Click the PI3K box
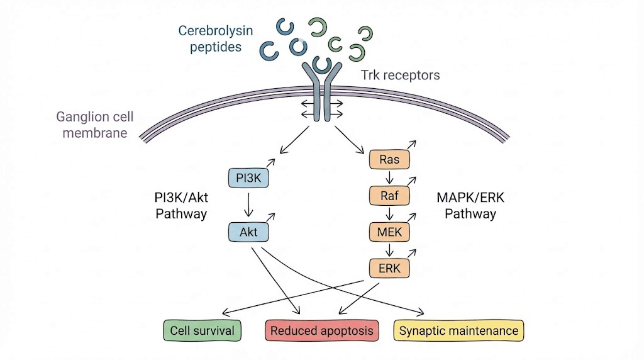coord(248,179)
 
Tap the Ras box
coord(389,160)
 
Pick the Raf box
coord(389,196)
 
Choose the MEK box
coord(389,232)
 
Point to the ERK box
coord(389,269)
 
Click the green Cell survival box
coord(203,330)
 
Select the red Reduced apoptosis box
coord(321,330)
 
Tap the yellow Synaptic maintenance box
coord(458,330)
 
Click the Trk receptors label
coord(401,76)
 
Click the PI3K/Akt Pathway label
coord(181,206)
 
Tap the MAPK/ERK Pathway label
coord(470,206)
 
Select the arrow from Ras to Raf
coord(389,178)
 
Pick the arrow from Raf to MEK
coord(389,214)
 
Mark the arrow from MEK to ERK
coord(389,250)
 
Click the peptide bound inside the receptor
coord(323,65)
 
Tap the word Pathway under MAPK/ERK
coord(470,214)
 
